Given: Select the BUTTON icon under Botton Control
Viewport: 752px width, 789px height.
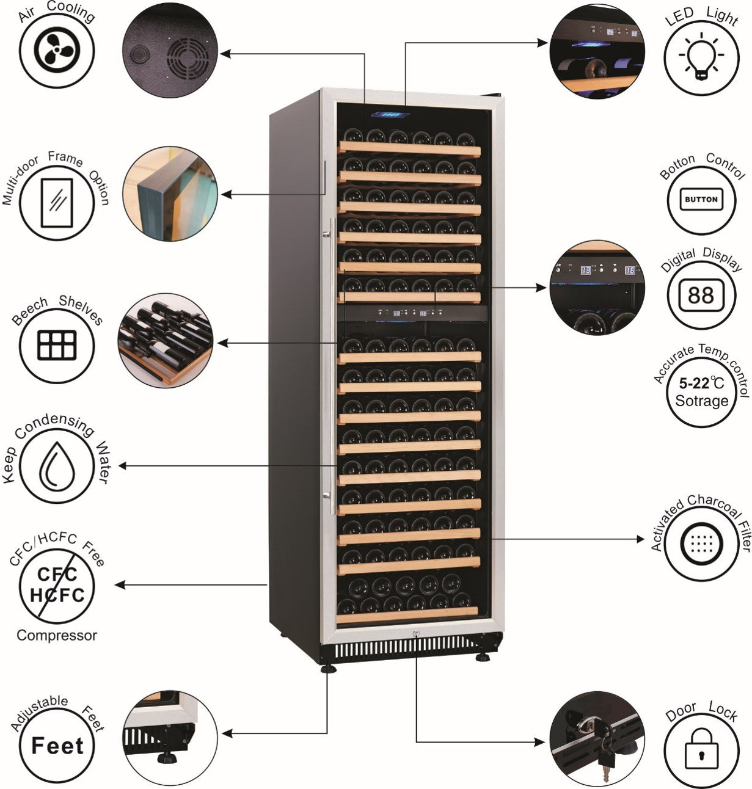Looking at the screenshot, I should click(x=701, y=199).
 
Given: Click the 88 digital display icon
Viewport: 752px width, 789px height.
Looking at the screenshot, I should click(x=701, y=296).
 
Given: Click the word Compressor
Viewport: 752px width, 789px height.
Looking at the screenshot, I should click(x=57, y=635).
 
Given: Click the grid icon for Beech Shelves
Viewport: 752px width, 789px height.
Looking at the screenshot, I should click(x=57, y=346).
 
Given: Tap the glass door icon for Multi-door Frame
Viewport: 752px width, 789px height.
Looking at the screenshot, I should click(x=56, y=201).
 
